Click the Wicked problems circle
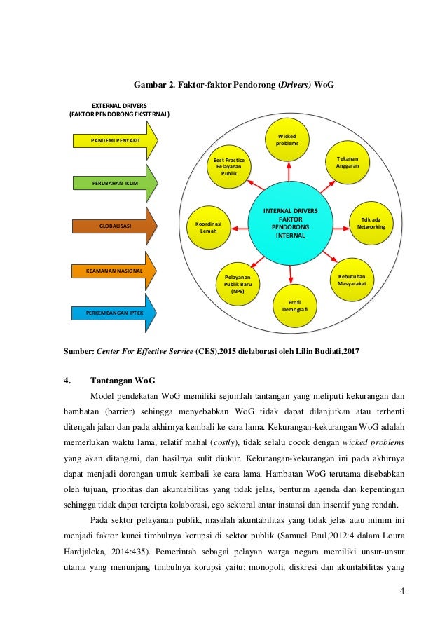tap(287, 139)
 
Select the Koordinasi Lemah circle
tap(209, 226)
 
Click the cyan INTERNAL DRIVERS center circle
tap(289, 223)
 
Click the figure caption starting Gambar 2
tap(224, 86)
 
